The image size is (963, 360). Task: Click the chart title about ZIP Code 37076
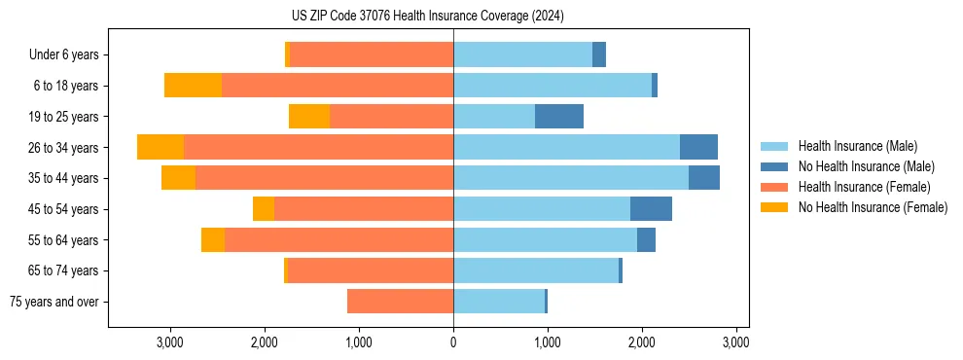pos(428,17)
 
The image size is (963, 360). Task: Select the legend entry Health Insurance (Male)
pos(857,146)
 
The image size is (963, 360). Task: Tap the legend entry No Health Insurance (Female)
pos(873,207)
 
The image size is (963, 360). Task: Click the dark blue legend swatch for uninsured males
pos(775,166)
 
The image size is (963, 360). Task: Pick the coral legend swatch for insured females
pos(775,187)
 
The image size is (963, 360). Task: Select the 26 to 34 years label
pos(65,148)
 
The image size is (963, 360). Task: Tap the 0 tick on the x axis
pos(453,342)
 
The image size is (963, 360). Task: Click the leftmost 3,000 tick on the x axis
pos(170,342)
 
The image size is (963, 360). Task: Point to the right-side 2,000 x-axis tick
pos(642,342)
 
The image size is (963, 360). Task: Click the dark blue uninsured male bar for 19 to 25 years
pos(559,117)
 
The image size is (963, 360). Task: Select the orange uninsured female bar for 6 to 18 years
pos(193,86)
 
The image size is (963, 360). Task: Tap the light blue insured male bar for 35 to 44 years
pos(571,178)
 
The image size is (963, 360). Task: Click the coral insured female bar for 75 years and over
pos(400,302)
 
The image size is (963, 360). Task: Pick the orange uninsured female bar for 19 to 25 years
pos(309,117)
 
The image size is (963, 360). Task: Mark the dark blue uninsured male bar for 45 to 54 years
pos(651,209)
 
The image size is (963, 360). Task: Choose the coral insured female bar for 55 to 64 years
pos(339,240)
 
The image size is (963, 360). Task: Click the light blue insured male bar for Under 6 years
pos(522,55)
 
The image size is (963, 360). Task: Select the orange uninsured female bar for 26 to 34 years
pos(160,148)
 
